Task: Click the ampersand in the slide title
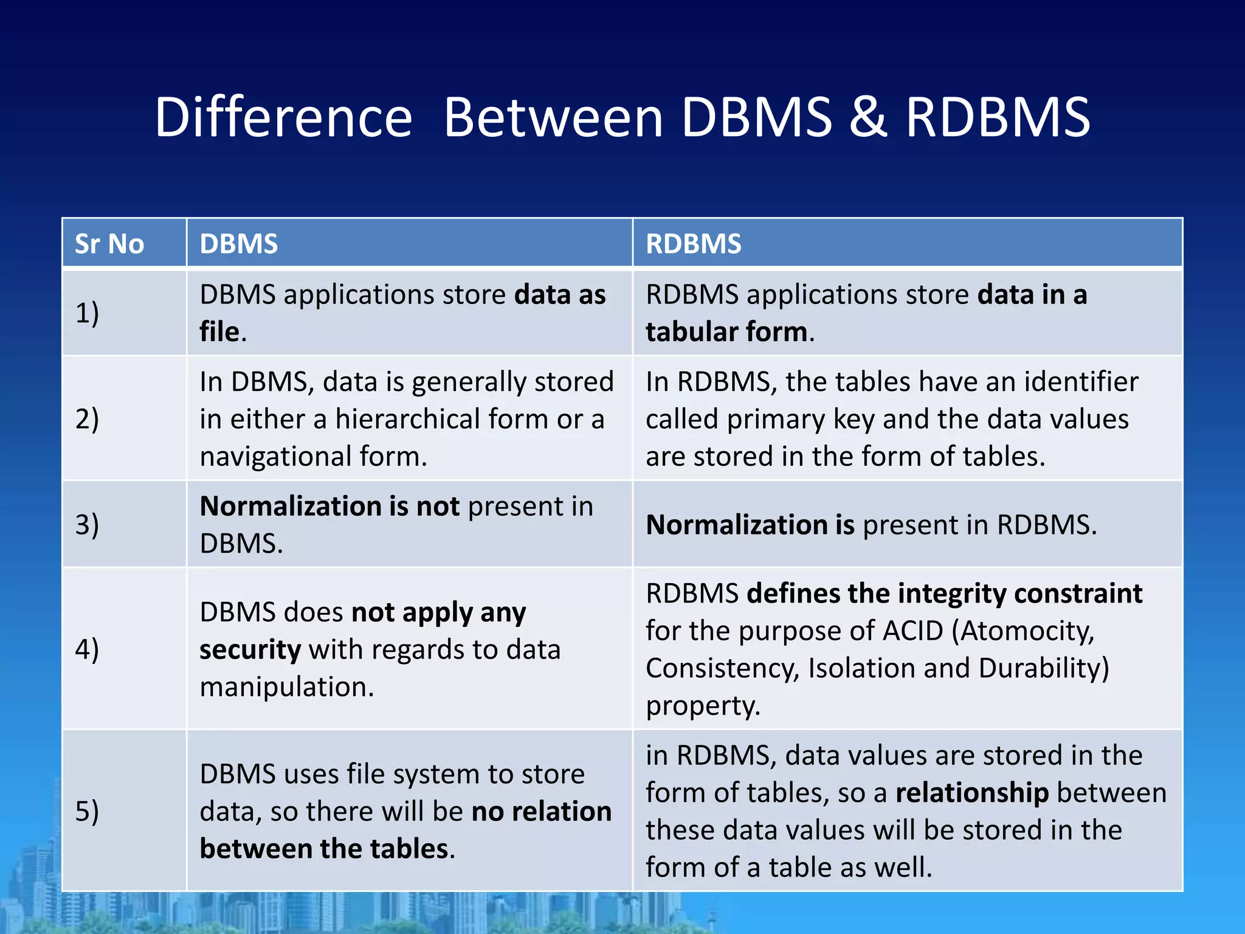point(868,117)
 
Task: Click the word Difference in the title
point(283,117)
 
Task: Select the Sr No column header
point(109,244)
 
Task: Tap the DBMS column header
point(239,244)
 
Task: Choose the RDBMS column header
point(694,244)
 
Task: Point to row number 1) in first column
point(87,313)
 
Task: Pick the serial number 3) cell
point(87,524)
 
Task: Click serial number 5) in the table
point(87,811)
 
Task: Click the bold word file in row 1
point(219,332)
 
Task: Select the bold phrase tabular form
point(726,332)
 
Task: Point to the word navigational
point(275,457)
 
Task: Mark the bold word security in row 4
point(250,650)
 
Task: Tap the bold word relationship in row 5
point(972,793)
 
